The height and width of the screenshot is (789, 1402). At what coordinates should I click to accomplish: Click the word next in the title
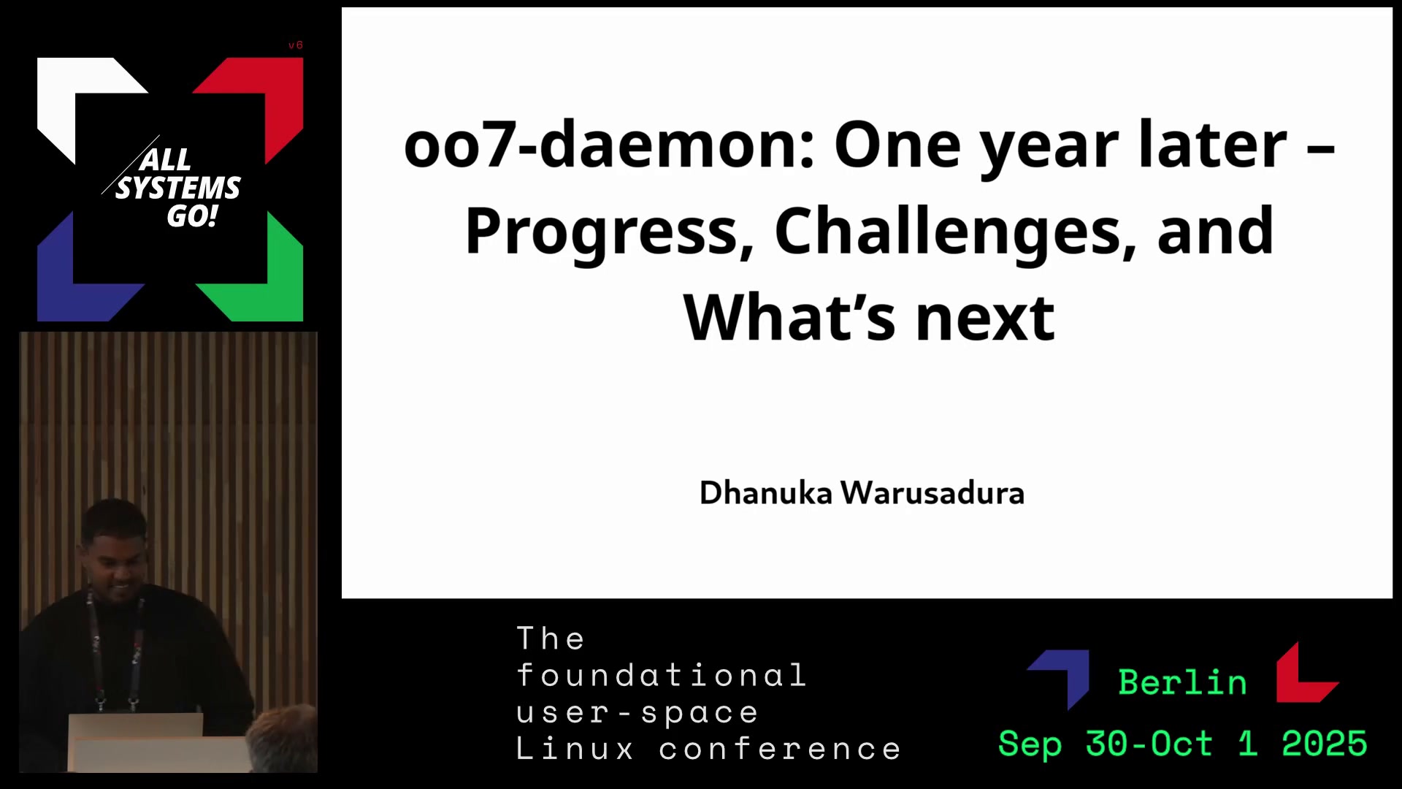point(985,319)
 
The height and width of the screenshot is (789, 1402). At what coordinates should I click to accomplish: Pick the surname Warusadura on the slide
point(932,493)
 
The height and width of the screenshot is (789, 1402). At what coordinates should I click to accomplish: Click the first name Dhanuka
point(765,493)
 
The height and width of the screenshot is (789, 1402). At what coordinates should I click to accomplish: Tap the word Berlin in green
point(1182,682)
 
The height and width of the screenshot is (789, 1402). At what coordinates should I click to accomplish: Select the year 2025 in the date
point(1324,744)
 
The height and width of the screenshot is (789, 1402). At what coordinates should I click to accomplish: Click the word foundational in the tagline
point(662,675)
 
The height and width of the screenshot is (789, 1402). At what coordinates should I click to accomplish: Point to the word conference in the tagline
point(780,749)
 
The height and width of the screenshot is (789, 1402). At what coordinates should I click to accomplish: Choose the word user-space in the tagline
point(637,713)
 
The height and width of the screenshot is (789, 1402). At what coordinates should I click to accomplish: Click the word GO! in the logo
point(192,216)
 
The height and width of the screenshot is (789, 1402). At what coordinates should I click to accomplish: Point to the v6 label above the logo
point(295,45)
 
